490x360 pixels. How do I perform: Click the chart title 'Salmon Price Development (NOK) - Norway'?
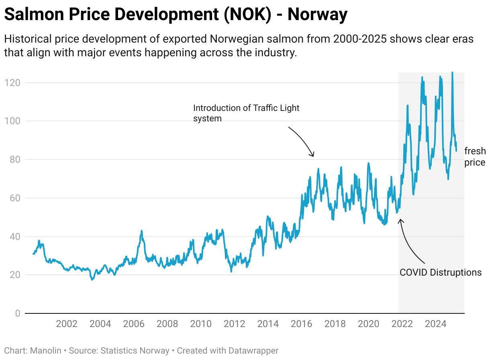tap(176, 15)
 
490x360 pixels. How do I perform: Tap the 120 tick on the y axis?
tap(12, 83)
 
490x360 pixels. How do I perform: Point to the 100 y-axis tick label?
tap(12, 121)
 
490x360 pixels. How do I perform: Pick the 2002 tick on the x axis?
tap(66, 324)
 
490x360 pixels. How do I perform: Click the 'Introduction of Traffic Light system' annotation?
tap(246, 113)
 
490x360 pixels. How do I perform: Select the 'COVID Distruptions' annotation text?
tap(440, 272)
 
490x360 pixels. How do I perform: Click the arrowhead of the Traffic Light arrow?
tap(313, 156)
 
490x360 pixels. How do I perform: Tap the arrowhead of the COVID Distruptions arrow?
tap(400, 220)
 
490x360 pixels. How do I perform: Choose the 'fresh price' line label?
tap(475, 157)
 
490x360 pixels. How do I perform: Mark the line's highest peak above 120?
tap(452, 73)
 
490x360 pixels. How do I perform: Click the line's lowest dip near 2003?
tap(92, 279)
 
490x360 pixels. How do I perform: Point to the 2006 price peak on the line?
tap(141, 231)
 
